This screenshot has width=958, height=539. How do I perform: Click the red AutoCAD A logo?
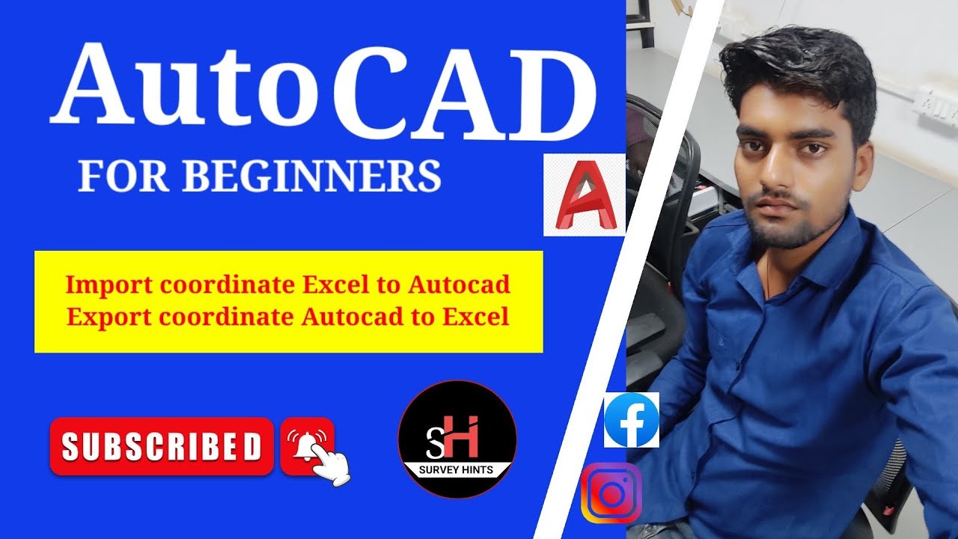click(x=584, y=196)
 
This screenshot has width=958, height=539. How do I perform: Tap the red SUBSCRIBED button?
click(x=162, y=447)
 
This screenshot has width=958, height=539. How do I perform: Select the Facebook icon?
click(x=631, y=421)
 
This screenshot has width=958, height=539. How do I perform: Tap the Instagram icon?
click(x=612, y=493)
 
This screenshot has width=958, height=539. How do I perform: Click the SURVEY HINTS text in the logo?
click(x=457, y=472)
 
